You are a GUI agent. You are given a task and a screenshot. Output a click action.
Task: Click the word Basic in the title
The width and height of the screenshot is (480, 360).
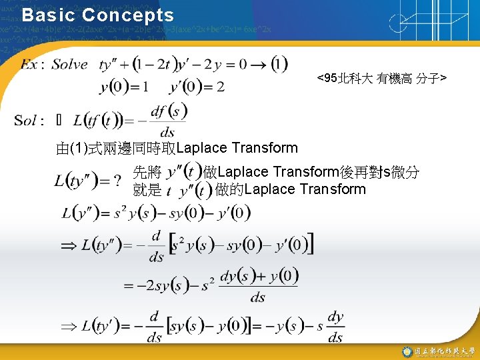(x=46, y=15)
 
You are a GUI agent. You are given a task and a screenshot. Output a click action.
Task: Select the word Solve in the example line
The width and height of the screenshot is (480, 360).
(x=70, y=65)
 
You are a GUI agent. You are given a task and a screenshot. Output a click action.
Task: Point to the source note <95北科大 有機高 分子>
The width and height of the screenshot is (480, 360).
(x=382, y=79)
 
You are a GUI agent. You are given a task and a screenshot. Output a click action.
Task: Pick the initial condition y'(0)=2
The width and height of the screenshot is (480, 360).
(x=197, y=87)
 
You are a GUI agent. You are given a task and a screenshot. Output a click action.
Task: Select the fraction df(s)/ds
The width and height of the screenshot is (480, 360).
(x=168, y=121)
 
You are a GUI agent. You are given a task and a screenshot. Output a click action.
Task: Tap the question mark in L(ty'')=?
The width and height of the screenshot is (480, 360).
(x=117, y=181)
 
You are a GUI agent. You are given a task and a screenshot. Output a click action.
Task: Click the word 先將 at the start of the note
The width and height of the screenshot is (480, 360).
(x=147, y=172)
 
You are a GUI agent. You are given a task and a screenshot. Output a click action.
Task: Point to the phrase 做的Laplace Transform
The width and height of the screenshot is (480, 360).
(x=291, y=189)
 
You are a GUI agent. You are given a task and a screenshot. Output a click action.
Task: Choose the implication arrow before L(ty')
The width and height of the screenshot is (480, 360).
(x=69, y=327)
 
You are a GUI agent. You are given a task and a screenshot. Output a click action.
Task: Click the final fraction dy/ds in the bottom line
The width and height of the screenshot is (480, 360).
(x=335, y=327)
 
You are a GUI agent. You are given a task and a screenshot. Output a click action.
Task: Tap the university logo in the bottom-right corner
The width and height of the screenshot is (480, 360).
(x=407, y=351)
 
